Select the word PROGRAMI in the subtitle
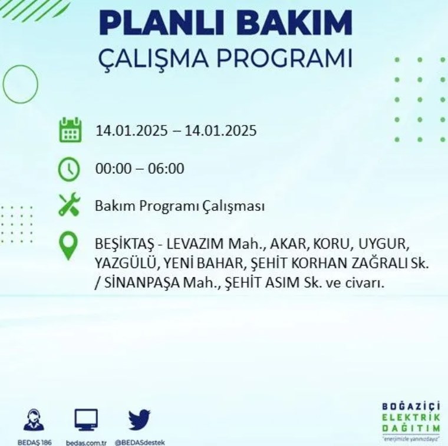coord(284,58)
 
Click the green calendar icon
coord(70,130)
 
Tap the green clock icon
coord(69,169)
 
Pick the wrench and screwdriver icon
coord(70,204)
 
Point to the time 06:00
coord(166,169)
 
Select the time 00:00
coord(113,169)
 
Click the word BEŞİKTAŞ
coord(124,244)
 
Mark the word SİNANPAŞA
coord(142,283)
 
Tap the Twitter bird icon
coord(140,419)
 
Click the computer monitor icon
coord(86,419)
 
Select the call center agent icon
coord(34,419)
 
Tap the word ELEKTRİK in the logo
coord(411,418)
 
